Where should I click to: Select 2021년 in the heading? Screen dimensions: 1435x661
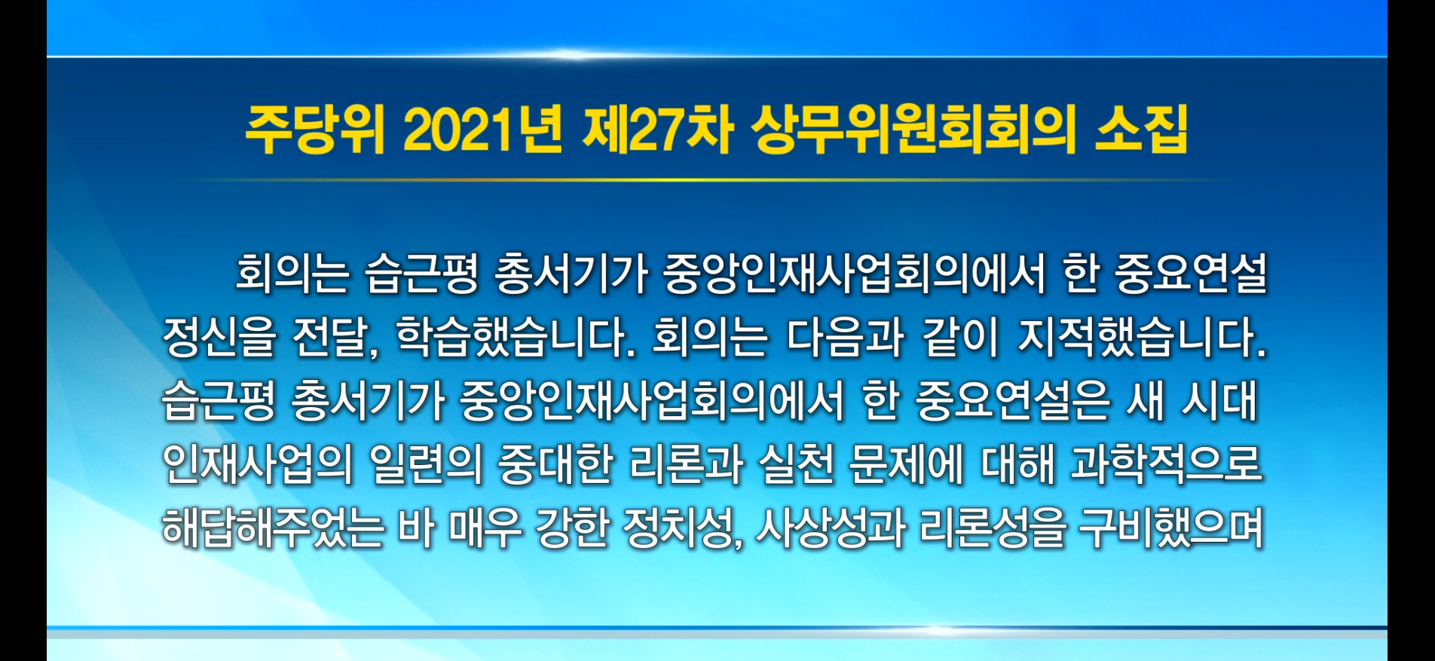[x=482, y=130]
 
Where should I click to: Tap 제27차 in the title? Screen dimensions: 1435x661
[x=657, y=130]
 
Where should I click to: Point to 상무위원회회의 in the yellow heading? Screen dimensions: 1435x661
[x=913, y=130]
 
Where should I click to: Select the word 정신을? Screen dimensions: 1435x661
[x=219, y=337]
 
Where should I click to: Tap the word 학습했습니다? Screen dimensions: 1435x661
[x=515, y=337]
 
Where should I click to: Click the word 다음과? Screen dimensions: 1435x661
[x=844, y=337]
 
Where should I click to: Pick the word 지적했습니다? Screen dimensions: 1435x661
[x=1142, y=337]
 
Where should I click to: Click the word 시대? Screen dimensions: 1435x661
[x=1219, y=400]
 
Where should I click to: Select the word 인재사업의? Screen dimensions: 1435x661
[x=258, y=464]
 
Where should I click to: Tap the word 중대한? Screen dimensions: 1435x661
[x=555, y=464]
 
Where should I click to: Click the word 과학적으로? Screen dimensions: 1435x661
[x=1166, y=464]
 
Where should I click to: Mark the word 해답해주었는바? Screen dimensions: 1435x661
[x=298, y=527]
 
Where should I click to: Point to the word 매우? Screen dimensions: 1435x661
[x=485, y=527]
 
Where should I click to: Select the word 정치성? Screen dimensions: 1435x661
[x=682, y=527]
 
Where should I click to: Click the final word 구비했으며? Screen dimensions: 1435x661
[x=1170, y=527]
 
